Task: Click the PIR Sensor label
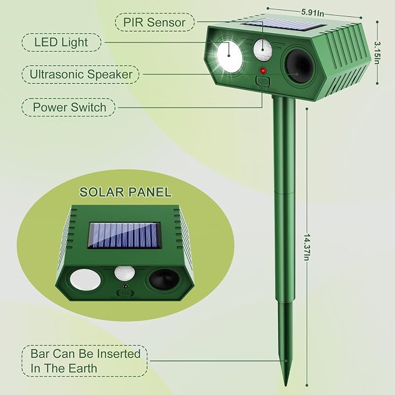154,22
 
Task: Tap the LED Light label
61,42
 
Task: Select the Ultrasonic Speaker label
81,74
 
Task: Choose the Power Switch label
69,107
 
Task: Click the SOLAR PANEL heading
126,192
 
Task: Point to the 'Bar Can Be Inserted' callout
85,361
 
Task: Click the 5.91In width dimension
312,13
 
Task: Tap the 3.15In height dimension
377,53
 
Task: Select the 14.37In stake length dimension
307,247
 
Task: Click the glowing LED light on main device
229,55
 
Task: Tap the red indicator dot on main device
263,71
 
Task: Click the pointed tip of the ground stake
286,385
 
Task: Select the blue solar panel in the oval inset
124,235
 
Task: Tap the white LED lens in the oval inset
86,280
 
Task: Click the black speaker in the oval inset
164,279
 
